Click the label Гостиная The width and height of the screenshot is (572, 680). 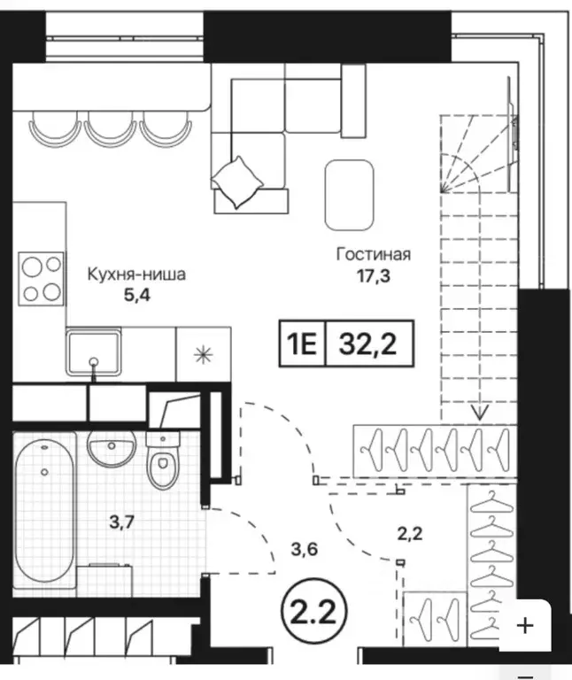coord(374,254)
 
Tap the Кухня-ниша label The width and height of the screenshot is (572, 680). coord(136,274)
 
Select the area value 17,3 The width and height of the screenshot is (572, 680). coord(374,276)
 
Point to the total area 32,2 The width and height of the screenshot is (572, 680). coord(368,344)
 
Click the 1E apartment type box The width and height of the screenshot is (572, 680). coord(302,344)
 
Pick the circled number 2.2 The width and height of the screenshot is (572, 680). coord(315,613)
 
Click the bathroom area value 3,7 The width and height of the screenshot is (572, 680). coord(121,522)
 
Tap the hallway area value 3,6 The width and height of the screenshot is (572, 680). coord(305,550)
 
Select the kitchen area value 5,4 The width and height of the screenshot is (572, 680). coord(137,296)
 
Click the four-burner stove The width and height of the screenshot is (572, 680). coord(42,279)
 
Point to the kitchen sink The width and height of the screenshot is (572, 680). coord(94,352)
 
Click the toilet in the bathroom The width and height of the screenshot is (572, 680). coord(163,460)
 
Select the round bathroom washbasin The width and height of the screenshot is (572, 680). coord(112,447)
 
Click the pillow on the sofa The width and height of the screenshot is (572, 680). coord(236,182)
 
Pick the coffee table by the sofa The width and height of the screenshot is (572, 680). coord(350,195)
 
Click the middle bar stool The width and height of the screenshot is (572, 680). coord(110,128)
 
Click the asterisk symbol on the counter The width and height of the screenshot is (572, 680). coord(203,355)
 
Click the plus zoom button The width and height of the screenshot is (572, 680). coord(525,626)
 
